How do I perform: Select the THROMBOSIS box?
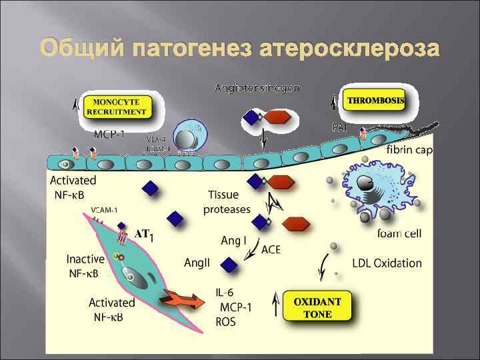click(x=375, y=101)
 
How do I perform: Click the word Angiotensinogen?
click(x=257, y=87)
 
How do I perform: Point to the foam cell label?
click(x=399, y=234)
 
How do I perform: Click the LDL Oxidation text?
click(x=387, y=263)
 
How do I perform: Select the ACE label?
click(x=271, y=250)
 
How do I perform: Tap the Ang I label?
click(x=233, y=239)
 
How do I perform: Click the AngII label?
click(x=197, y=263)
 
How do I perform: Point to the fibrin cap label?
click(x=409, y=150)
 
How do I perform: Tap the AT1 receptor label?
click(x=144, y=235)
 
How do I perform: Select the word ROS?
click(x=226, y=322)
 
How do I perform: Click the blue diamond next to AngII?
click(x=229, y=265)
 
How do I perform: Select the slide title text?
click(x=240, y=49)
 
